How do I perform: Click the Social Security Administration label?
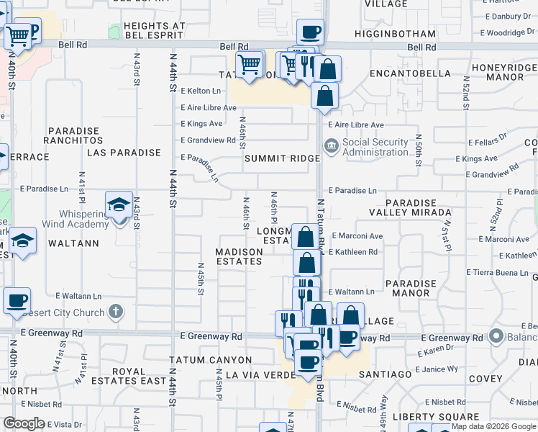click(x=375, y=147)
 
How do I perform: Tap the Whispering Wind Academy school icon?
click(x=119, y=205)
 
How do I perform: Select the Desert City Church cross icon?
click(x=115, y=312)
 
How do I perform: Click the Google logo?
click(x=24, y=423)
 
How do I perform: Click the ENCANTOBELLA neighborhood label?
click(x=403, y=73)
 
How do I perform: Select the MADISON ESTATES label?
click(x=240, y=256)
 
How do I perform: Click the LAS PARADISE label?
click(x=124, y=153)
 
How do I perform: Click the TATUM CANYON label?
click(x=210, y=360)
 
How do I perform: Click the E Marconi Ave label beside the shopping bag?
click(x=355, y=236)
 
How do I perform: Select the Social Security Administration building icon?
click(x=331, y=147)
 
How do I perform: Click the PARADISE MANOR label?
click(x=411, y=288)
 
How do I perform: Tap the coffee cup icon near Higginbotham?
click(x=310, y=32)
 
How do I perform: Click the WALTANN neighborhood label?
click(x=73, y=243)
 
